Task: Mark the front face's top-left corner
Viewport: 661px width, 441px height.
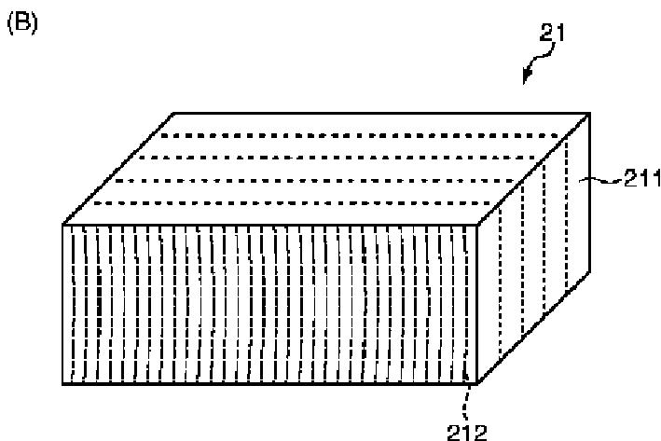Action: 63,225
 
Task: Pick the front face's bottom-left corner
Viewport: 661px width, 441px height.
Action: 63,383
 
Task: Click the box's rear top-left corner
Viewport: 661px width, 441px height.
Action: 173,113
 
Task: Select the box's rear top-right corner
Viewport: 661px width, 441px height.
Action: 589,113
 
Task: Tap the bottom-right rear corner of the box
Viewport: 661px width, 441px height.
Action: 589,271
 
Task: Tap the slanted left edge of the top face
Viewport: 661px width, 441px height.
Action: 118,169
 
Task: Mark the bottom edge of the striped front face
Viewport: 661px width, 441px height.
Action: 270,383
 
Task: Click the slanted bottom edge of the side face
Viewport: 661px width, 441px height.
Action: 533,327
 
